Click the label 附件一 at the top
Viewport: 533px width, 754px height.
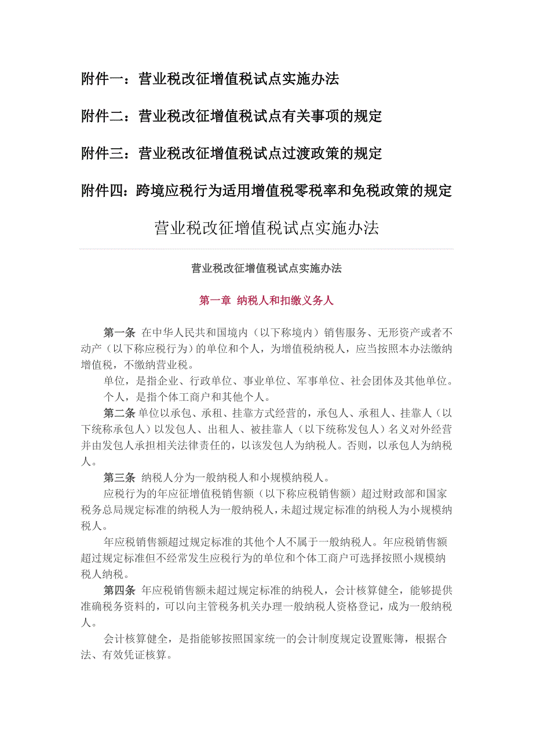(x=103, y=79)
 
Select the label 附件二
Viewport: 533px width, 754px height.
(x=103, y=116)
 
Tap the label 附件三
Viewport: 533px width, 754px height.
(x=103, y=153)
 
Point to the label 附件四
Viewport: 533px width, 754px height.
(x=103, y=191)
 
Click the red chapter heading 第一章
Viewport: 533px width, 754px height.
(x=214, y=301)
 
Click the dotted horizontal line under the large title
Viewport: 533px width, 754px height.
(x=266, y=249)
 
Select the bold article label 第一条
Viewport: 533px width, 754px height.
(x=119, y=332)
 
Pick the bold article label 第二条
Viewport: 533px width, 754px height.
(x=119, y=413)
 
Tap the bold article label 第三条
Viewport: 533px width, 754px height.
(x=119, y=478)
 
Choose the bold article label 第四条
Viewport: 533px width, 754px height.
(x=119, y=591)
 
